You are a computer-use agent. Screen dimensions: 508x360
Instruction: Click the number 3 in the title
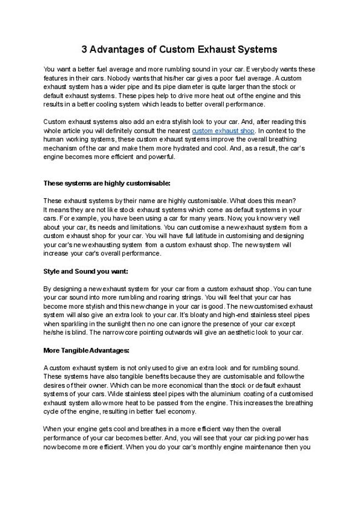pos(85,49)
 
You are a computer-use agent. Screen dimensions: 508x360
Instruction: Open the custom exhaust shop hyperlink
pos(223,131)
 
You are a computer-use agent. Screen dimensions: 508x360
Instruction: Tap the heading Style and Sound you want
pos(86,272)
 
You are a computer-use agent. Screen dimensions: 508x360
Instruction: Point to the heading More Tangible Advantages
pos(86,350)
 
